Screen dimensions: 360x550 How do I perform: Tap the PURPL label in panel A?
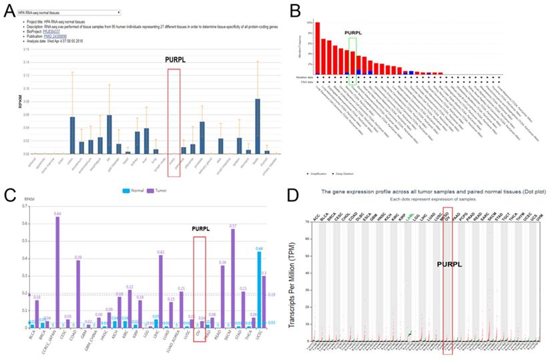[x=174, y=59]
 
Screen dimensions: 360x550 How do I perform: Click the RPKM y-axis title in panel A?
[x=9, y=103]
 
